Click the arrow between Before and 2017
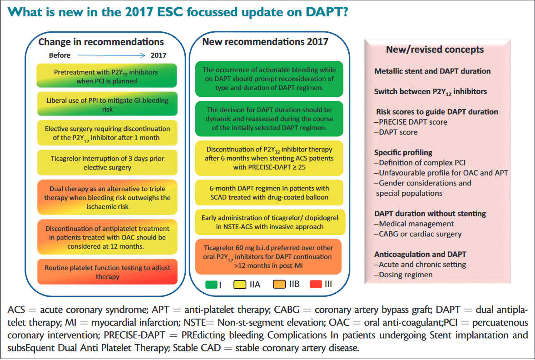pos(112,55)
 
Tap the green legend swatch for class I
pos(211,285)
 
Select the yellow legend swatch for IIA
pos(239,285)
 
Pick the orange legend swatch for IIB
pos(279,284)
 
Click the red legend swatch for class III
pos(316,284)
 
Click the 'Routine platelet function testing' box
pos(107,272)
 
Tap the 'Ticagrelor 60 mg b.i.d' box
pos(268,257)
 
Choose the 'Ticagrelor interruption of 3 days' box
pos(107,163)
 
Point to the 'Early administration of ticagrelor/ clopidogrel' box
pos(270,222)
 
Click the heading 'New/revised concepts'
pos(435,50)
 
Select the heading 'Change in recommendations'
pos(101,42)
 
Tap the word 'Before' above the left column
pos(59,55)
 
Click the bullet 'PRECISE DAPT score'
pos(411,122)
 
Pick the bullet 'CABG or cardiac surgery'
pos(418,234)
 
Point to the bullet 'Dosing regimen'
pos(403,275)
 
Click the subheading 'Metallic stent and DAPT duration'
pos(432,71)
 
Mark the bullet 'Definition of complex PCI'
pos(420,163)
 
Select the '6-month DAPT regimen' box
pos(269,193)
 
